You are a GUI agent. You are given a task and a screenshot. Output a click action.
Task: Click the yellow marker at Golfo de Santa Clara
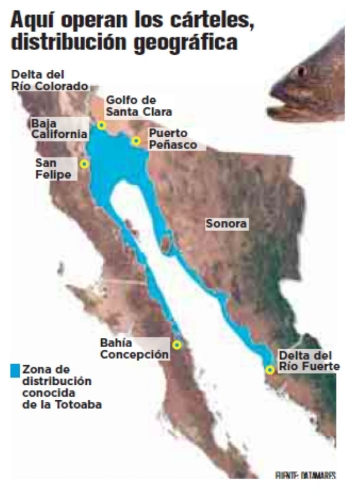[102, 125]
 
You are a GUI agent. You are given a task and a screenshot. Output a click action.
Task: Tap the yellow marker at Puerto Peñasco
[136, 141]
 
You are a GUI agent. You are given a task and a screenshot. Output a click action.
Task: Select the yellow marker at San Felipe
[84, 164]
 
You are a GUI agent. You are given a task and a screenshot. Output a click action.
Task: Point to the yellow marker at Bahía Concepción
[177, 345]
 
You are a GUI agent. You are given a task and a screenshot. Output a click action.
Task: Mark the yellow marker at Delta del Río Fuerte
[270, 370]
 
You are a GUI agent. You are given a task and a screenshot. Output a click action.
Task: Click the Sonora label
[226, 224]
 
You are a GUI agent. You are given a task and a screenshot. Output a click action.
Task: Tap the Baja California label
[60, 129]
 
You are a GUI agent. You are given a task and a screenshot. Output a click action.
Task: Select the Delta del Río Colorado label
[50, 80]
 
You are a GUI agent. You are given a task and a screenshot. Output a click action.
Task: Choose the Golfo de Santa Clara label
[139, 106]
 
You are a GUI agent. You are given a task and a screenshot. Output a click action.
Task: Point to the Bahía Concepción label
[134, 349]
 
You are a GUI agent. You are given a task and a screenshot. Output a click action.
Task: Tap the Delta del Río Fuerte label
[308, 361]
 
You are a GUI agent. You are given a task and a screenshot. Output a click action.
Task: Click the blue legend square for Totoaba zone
[15, 370]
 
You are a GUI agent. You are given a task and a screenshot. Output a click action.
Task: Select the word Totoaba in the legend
[82, 404]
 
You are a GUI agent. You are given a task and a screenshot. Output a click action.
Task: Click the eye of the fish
[301, 72]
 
